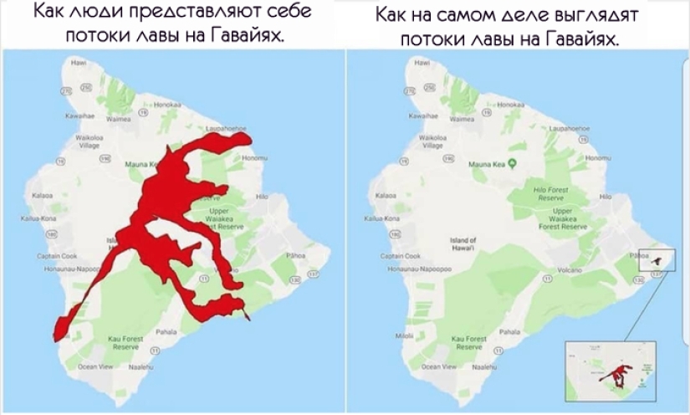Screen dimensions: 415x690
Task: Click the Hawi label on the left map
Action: pos(79,63)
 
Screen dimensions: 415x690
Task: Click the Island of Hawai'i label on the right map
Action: pos(463,243)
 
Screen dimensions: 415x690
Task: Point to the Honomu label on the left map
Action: pos(252,157)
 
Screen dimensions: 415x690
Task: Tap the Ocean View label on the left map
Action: pos(93,366)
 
